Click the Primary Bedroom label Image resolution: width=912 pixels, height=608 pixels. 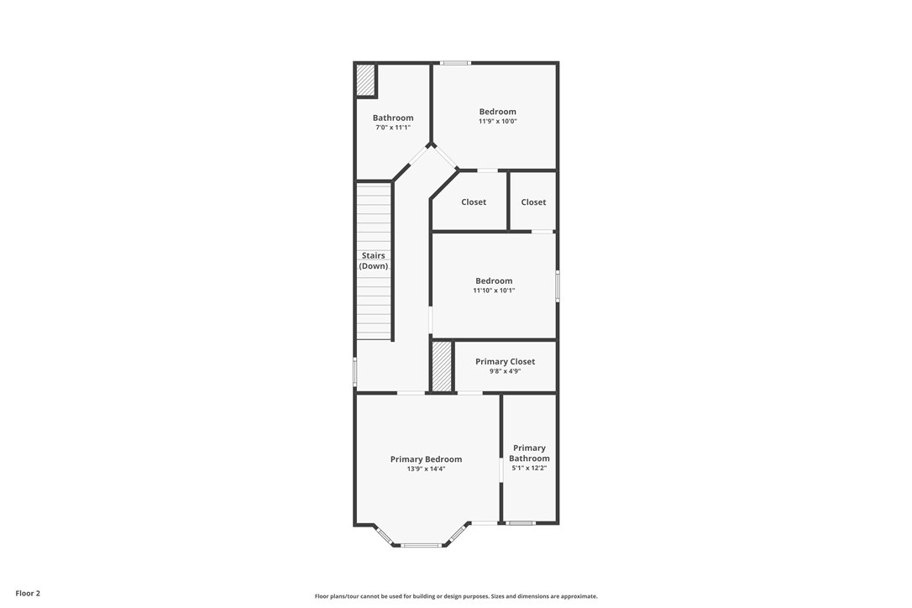[x=426, y=459]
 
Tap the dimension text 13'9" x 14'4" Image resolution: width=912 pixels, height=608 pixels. [x=426, y=469]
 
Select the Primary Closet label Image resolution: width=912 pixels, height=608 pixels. [x=505, y=361]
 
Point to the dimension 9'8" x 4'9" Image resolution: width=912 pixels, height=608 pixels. [x=505, y=370]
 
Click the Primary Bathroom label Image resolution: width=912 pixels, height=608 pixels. [x=529, y=453]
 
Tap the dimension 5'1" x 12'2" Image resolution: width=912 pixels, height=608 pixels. [x=529, y=468]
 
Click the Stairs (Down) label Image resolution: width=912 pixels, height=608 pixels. [x=374, y=260]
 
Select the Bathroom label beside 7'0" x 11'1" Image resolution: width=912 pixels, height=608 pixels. [x=393, y=118]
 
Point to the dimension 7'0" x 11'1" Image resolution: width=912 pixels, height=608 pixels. [x=393, y=127]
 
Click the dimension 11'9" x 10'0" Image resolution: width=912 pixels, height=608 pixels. [x=498, y=121]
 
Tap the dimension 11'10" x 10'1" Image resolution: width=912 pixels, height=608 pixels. [x=494, y=291]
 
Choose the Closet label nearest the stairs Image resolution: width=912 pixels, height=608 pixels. [x=474, y=202]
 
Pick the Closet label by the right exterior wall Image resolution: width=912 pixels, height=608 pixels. [x=533, y=202]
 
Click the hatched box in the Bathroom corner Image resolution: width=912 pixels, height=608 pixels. [x=365, y=81]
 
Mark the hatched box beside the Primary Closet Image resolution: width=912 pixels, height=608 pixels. [x=442, y=366]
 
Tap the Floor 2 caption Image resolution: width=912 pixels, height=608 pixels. [x=28, y=594]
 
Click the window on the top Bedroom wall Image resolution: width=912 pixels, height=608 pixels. [x=455, y=63]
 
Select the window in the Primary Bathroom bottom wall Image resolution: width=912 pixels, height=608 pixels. [x=521, y=523]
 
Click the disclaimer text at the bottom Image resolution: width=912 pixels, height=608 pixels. [x=456, y=595]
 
